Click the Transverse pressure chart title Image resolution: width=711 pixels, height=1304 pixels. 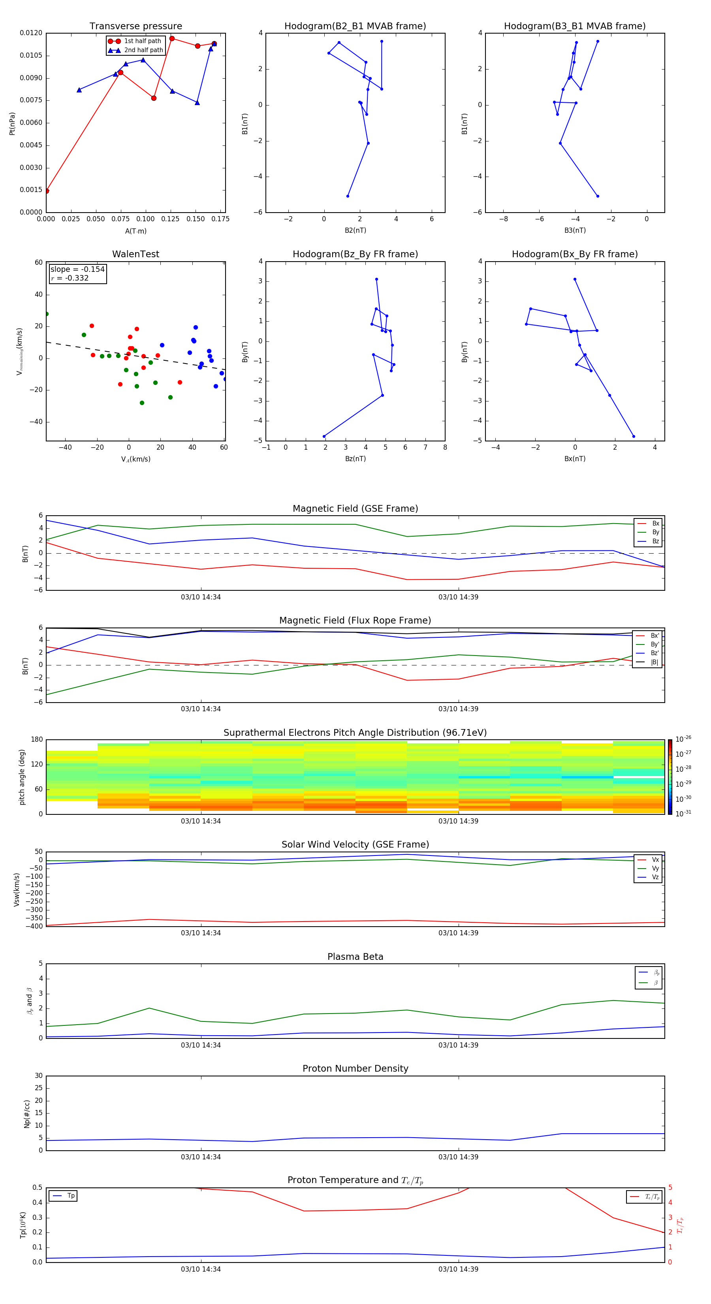click(x=135, y=26)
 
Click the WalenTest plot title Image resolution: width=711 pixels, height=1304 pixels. click(x=135, y=254)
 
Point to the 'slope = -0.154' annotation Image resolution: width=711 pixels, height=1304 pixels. click(x=77, y=269)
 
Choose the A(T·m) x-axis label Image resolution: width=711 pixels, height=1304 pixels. click(x=135, y=231)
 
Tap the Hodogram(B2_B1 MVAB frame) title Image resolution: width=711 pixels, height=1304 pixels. click(x=355, y=26)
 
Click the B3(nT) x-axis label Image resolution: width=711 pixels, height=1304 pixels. click(x=575, y=230)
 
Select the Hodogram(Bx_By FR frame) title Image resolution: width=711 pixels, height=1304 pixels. click(x=574, y=254)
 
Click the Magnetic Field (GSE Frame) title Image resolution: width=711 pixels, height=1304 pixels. click(x=355, y=509)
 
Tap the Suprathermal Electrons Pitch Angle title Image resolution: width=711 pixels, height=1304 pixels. click(x=355, y=733)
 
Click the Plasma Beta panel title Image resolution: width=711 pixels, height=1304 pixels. click(x=355, y=957)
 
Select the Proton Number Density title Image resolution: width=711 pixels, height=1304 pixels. click(x=355, y=1068)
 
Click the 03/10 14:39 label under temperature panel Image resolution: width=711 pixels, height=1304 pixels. click(x=458, y=1269)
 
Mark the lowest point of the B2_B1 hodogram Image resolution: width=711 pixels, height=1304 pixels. click(x=348, y=196)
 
